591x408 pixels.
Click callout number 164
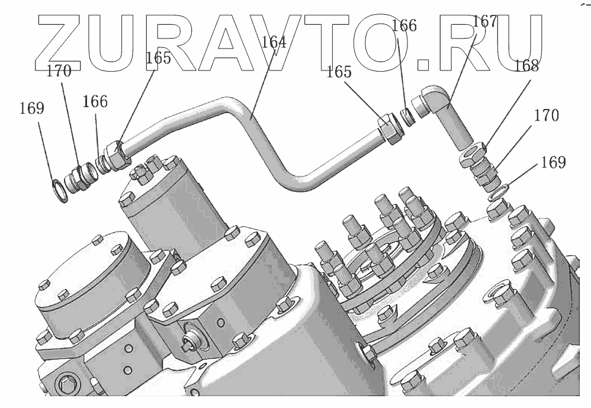(274, 42)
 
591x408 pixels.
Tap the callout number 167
(485, 21)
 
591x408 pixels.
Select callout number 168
(526, 66)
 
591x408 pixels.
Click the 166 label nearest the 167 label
(404, 25)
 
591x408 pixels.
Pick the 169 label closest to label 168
(553, 162)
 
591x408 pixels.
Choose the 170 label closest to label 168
(546, 115)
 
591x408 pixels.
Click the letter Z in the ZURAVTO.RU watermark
(59, 43)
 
